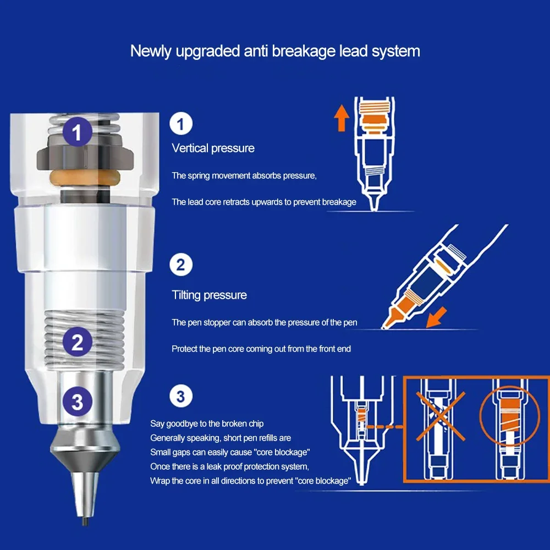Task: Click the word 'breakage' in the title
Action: (x=304, y=51)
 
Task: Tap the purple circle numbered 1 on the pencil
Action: (x=78, y=131)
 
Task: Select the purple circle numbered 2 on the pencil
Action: (x=78, y=342)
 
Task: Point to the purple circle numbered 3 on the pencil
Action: (x=78, y=402)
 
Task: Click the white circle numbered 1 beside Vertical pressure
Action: (x=180, y=123)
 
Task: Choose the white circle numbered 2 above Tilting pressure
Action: (x=180, y=265)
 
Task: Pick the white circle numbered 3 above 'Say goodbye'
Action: (x=180, y=397)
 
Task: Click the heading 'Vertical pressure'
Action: (x=213, y=148)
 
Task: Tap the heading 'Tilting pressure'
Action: (x=209, y=295)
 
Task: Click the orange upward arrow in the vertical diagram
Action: (x=342, y=118)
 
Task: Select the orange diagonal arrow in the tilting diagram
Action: (x=436, y=317)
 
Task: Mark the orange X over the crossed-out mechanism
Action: (x=441, y=416)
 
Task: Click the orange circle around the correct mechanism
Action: (x=480, y=416)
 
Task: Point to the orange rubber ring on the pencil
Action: (x=85, y=178)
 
